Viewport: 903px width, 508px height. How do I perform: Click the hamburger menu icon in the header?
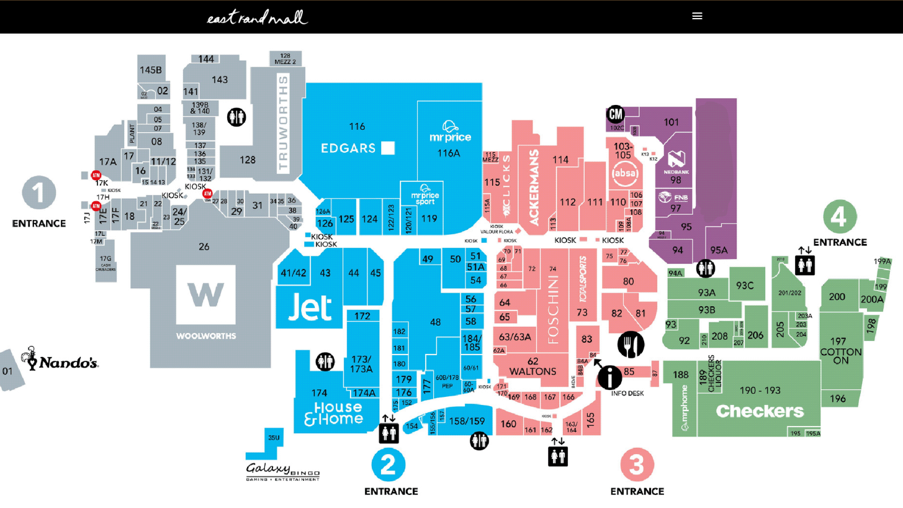click(x=697, y=16)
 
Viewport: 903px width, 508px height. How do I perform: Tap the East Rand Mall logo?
click(x=258, y=17)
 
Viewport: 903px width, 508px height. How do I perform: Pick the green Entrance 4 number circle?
click(x=840, y=217)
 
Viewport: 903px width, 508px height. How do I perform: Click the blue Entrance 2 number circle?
click(x=389, y=465)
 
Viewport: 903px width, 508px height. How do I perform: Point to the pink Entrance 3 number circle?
click(x=637, y=465)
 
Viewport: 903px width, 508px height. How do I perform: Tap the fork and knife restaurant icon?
click(x=631, y=344)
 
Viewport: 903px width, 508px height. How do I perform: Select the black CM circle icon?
click(x=615, y=114)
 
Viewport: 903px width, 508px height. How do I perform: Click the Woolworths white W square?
click(x=205, y=294)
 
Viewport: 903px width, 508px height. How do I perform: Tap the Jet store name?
click(x=310, y=309)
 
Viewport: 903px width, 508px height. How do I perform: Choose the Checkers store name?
click(x=760, y=411)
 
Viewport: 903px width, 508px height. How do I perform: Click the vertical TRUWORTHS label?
click(x=284, y=123)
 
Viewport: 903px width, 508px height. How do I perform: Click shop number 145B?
click(x=151, y=70)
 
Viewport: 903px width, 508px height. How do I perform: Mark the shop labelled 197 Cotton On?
click(x=838, y=352)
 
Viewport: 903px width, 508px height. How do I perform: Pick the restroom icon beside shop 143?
click(x=236, y=117)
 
